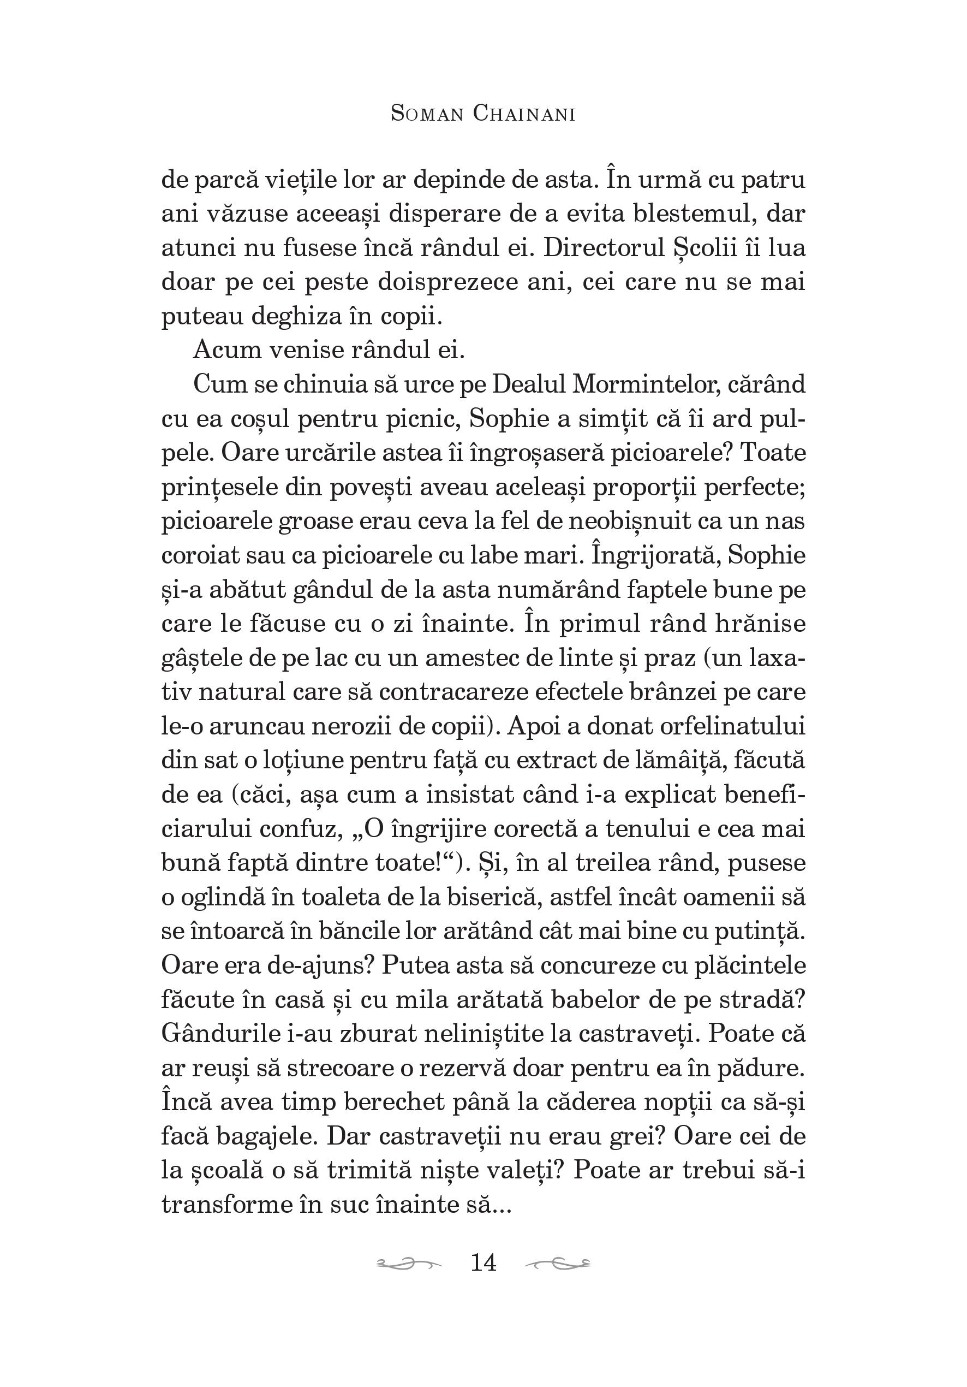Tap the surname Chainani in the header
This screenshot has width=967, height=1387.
(x=524, y=114)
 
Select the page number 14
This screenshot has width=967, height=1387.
(x=483, y=1262)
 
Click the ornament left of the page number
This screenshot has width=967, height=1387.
(x=408, y=1262)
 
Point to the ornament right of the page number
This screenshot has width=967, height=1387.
(x=557, y=1262)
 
